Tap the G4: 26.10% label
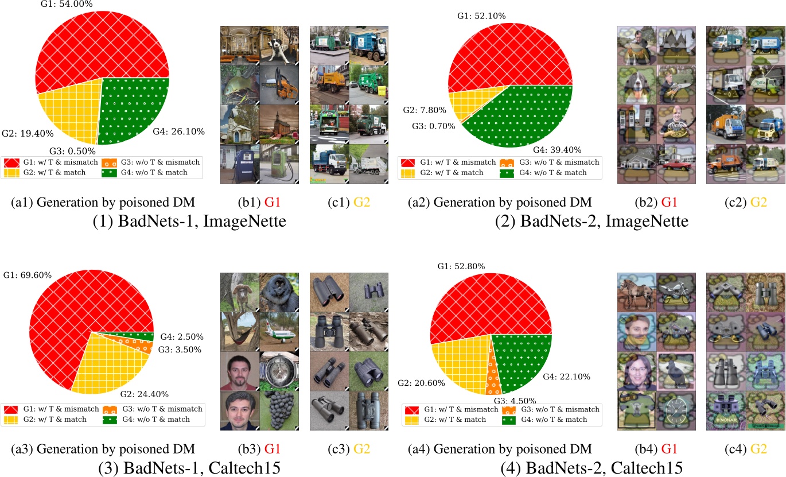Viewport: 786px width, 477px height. (178, 131)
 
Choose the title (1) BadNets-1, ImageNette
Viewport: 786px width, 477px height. (189, 220)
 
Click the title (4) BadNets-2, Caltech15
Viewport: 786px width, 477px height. (592, 468)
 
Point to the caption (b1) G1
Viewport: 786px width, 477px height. (259, 202)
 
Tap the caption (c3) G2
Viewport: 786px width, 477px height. (349, 449)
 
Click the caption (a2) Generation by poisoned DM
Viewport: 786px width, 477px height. (500, 202)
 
